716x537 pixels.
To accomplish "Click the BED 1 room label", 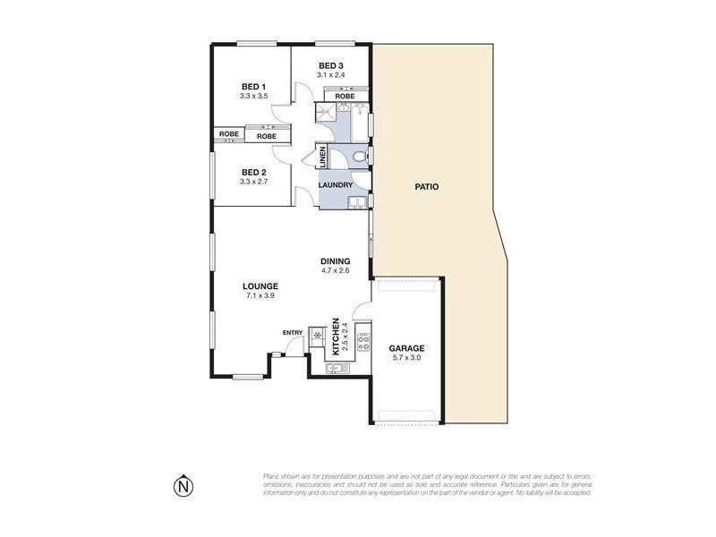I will click(x=253, y=86).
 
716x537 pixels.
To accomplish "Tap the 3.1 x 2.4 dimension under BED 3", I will click(x=331, y=75).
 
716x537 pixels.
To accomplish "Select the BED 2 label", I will click(x=253, y=172).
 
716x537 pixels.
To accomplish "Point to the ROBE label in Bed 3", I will click(x=345, y=96).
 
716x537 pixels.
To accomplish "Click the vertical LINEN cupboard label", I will click(x=321, y=158).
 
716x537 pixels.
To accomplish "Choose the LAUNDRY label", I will click(x=336, y=185).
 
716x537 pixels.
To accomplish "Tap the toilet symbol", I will click(x=359, y=158).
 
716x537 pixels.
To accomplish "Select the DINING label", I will click(x=335, y=261).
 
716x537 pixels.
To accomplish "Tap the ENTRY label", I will click(x=293, y=333).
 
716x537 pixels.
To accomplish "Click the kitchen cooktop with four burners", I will click(x=363, y=338).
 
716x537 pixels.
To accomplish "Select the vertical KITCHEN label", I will click(x=336, y=337).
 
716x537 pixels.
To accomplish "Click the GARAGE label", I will click(x=405, y=348).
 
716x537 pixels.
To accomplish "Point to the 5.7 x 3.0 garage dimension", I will click(x=405, y=358).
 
